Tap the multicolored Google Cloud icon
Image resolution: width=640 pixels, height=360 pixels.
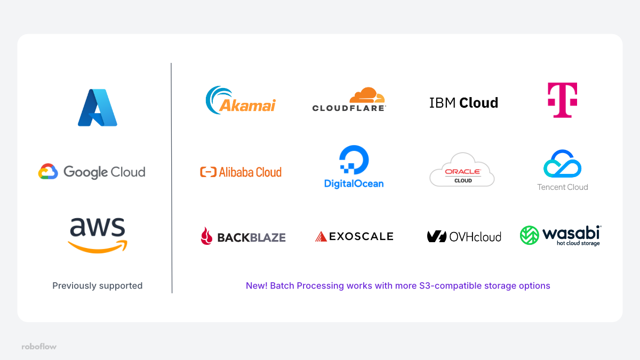tap(47, 172)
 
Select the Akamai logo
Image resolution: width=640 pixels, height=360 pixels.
tap(241, 100)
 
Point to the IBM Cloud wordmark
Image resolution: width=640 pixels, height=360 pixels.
tap(463, 102)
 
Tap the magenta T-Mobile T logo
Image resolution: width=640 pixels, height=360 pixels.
tap(562, 100)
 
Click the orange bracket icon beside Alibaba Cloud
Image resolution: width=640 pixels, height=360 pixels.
tap(208, 172)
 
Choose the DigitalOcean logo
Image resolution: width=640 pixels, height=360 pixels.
tap(354, 167)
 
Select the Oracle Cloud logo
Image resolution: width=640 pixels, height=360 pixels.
tap(462, 170)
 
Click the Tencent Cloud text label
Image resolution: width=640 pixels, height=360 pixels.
tap(562, 187)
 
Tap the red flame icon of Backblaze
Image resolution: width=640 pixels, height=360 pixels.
tap(206, 236)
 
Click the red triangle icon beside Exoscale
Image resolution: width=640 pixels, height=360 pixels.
tap(321, 236)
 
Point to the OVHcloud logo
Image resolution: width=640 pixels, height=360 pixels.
tap(464, 236)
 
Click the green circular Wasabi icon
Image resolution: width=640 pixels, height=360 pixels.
tap(530, 235)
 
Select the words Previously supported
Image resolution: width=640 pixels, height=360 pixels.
tap(98, 286)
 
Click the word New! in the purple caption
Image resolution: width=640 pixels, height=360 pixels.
tap(257, 286)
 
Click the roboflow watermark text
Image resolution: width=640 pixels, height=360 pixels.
tap(39, 347)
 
